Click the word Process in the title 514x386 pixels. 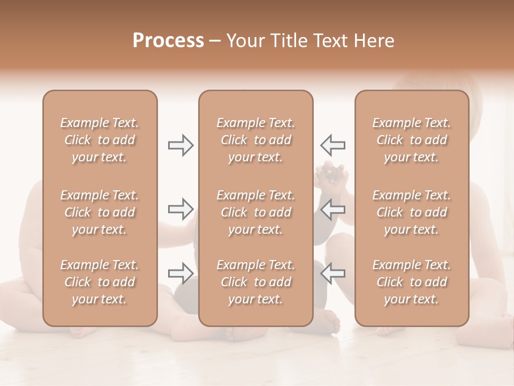(x=168, y=41)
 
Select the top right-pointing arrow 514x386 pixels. (x=181, y=145)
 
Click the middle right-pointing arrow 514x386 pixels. (x=181, y=209)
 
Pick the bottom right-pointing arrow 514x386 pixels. (x=181, y=273)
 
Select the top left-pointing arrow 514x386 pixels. (x=332, y=145)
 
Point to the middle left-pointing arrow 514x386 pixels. (x=332, y=209)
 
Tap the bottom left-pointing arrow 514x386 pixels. (x=332, y=273)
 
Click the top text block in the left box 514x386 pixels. (x=100, y=140)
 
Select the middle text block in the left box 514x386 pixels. (x=100, y=212)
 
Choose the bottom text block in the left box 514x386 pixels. (x=100, y=282)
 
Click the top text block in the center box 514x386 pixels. (x=256, y=140)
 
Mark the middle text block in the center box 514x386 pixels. (x=256, y=212)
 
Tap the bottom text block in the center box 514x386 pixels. (x=256, y=282)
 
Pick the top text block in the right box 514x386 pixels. (x=412, y=140)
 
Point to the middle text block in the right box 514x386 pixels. (x=412, y=212)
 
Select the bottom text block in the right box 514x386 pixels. (x=412, y=282)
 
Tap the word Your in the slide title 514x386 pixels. (x=244, y=41)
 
